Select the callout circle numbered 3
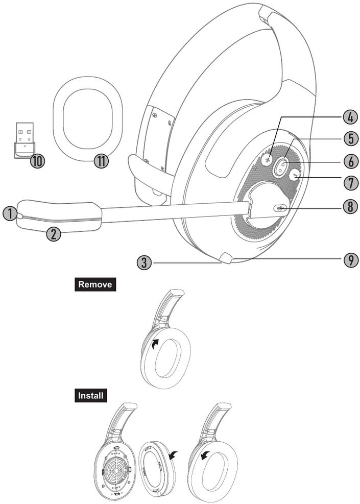click(145, 262)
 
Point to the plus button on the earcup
click(267, 159)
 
